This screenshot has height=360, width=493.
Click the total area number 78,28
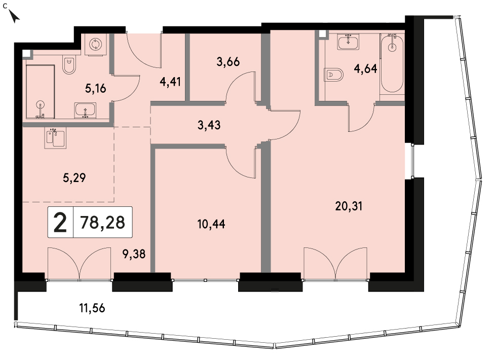coord(102,222)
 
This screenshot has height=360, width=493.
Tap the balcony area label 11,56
coord(92,308)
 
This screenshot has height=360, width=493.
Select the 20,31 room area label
coord(349,206)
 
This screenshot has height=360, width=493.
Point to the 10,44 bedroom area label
coord(211,224)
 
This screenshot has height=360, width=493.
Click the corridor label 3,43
coord(209,125)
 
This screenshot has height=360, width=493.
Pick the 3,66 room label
coord(228,62)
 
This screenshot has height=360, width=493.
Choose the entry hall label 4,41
coord(170,82)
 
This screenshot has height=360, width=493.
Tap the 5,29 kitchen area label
coord(74,178)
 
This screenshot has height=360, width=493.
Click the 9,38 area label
coord(134,254)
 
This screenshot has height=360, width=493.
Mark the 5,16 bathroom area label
coord(96,88)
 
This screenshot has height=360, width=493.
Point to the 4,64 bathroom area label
coord(365,68)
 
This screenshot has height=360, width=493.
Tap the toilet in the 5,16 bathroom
coord(69,65)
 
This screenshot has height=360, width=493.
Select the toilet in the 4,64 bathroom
coord(333,75)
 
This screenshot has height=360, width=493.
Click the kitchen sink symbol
coord(55,138)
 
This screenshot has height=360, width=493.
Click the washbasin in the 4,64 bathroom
coord(349,42)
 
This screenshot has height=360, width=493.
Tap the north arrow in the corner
coord(14,16)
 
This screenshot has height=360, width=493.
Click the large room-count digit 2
coord(60,222)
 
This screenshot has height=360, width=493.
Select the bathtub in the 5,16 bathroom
coord(40,92)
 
